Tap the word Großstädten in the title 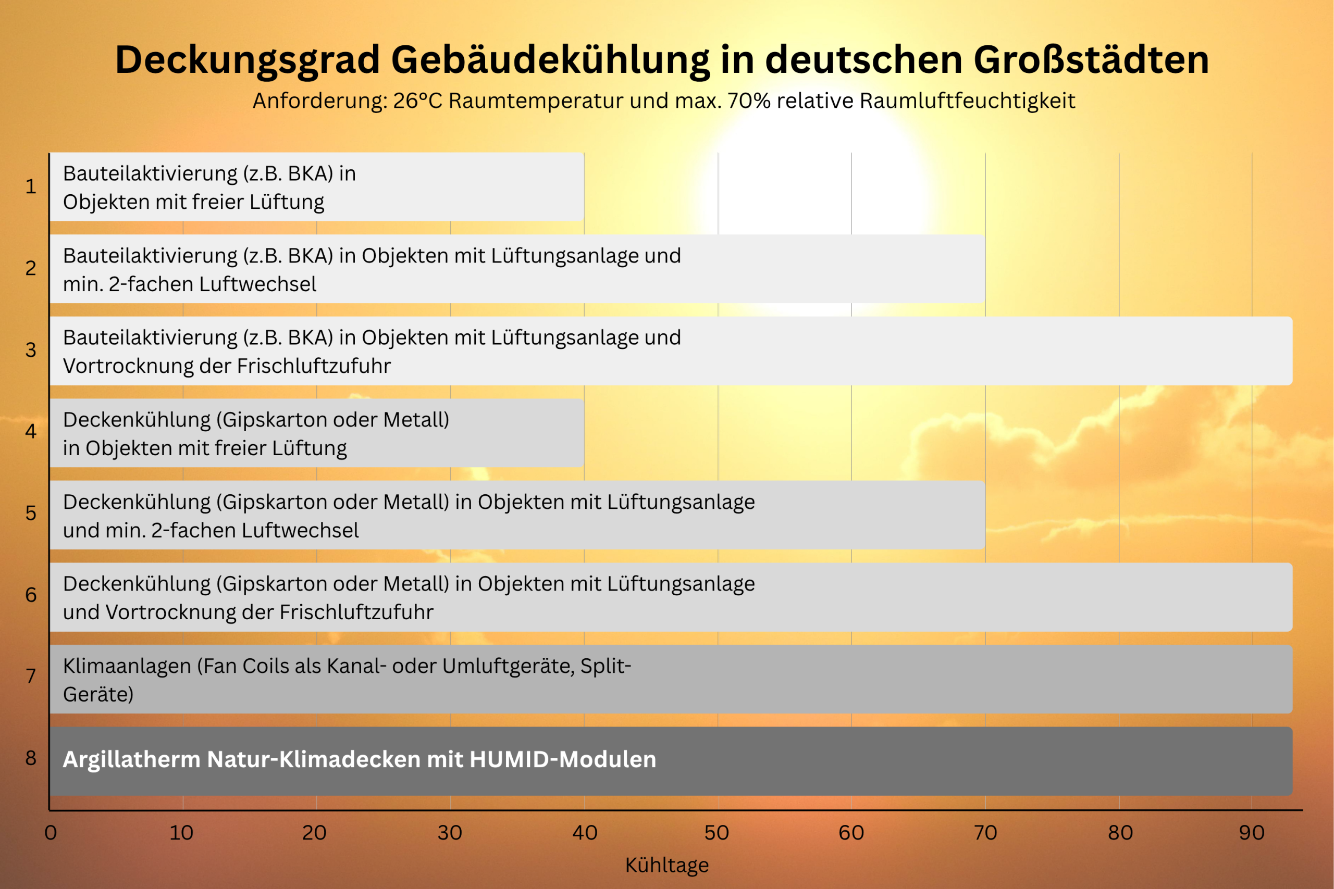[1091, 60]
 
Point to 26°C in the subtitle [417, 101]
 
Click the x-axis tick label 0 [51, 833]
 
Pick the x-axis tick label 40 [585, 833]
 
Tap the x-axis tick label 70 [985, 833]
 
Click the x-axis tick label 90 [1252, 833]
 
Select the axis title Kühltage [667, 865]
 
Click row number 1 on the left [31, 186]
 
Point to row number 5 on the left [31, 513]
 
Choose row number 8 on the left [31, 758]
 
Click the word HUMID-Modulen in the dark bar [563, 760]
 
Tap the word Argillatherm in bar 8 [131, 760]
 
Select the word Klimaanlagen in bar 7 [127, 666]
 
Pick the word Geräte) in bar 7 [98, 695]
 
